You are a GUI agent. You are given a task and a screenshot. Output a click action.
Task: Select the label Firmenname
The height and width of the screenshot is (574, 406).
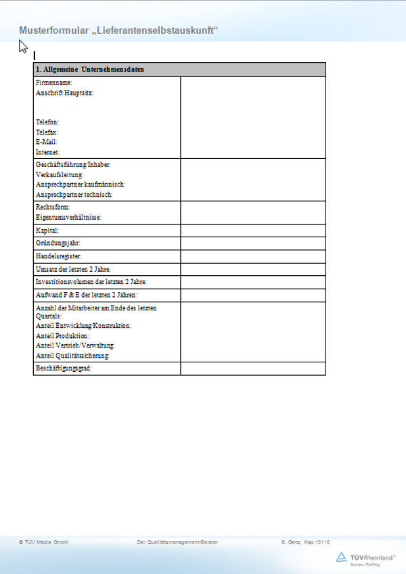pos(54,82)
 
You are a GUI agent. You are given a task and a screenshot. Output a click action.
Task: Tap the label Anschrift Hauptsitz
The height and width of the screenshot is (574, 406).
pos(64,93)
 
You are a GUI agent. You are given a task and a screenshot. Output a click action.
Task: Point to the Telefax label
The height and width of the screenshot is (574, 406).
pos(47,133)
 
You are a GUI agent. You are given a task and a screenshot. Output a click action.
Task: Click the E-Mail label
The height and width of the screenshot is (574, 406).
pos(47,143)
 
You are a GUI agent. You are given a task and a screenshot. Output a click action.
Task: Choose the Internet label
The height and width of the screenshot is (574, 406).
pos(48,153)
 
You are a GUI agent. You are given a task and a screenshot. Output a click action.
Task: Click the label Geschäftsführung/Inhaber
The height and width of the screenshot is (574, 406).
pos(73,165)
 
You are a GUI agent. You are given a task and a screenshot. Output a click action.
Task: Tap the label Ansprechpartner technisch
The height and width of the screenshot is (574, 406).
pos(74,194)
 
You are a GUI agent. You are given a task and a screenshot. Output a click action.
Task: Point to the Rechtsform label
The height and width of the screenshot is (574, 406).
pos(53,207)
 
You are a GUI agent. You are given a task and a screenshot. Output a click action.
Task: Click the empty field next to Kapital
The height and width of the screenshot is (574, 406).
pos(253,231)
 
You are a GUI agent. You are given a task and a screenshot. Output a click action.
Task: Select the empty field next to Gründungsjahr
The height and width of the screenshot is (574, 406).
pos(253,243)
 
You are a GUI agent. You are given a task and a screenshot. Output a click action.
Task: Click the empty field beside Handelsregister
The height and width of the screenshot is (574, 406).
pos(253,257)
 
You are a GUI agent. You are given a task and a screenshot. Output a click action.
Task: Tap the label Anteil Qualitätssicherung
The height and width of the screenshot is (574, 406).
pos(73,356)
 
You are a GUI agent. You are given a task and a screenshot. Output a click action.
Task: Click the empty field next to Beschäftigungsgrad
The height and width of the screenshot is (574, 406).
pos(253,368)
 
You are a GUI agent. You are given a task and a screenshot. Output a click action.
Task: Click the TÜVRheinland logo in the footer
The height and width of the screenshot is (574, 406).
pos(366,558)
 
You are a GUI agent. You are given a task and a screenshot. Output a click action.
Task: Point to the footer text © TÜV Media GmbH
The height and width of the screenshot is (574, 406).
pos(44,542)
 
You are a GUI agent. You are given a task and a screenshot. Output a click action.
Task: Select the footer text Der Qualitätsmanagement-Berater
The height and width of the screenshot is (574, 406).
pos(177,542)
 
